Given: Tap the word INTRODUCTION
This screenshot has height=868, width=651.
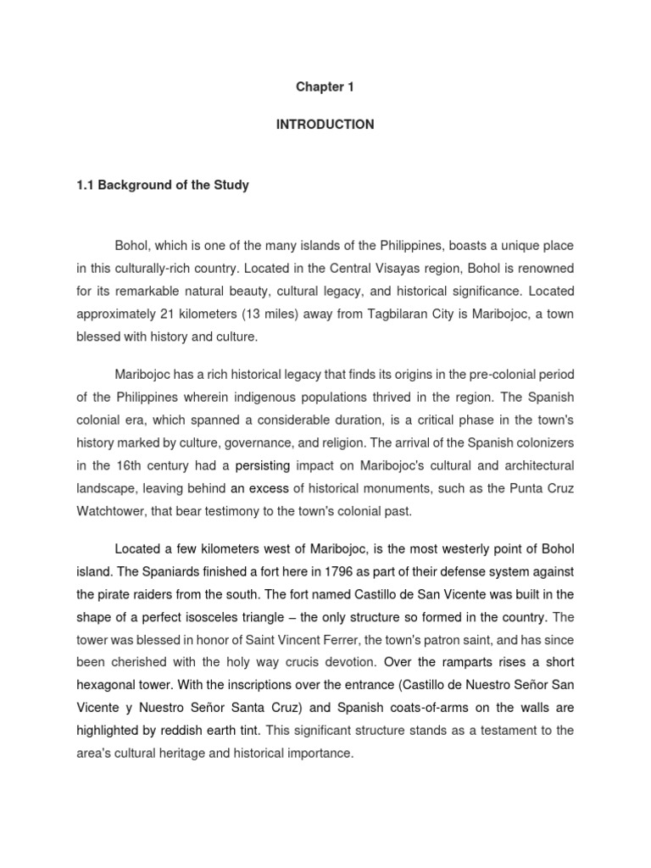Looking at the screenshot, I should [325, 125].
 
